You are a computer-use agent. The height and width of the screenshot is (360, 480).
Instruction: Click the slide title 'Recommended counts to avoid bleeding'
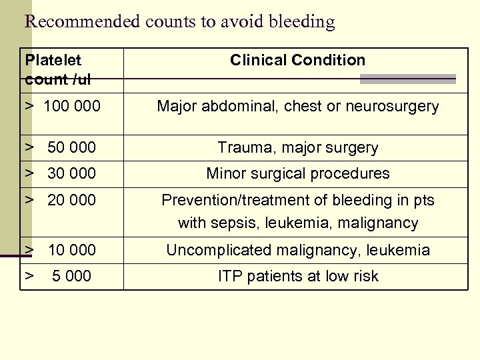tap(179, 22)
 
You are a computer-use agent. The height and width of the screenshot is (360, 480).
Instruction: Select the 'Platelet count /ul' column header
tap(58, 70)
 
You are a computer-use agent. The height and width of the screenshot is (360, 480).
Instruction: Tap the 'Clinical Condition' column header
tap(297, 60)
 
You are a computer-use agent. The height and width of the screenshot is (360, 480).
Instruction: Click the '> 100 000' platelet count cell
tap(63, 106)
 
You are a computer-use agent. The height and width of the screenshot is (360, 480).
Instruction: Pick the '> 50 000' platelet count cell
tap(61, 147)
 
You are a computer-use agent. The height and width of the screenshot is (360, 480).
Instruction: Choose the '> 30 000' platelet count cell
tap(61, 173)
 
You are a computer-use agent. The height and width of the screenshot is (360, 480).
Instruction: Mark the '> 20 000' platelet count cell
tap(61, 200)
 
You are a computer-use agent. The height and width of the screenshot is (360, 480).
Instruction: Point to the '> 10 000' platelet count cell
tap(61, 250)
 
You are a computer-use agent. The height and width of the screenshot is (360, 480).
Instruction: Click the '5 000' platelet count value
tap(71, 276)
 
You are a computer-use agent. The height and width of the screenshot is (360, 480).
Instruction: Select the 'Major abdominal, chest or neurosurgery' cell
tap(297, 106)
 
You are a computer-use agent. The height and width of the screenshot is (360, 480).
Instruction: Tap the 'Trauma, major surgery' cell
tap(297, 147)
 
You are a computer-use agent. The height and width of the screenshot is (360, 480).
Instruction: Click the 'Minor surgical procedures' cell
tap(297, 173)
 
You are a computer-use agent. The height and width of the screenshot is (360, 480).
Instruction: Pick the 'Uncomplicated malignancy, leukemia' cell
tap(297, 250)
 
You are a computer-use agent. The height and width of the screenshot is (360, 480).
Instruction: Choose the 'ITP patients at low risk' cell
tap(297, 276)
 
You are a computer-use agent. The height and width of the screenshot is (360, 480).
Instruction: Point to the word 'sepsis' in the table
tap(231, 223)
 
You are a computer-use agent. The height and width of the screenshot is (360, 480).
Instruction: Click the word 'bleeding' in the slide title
tap(301, 22)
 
